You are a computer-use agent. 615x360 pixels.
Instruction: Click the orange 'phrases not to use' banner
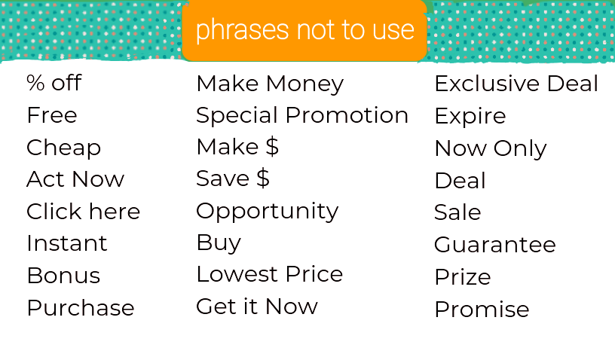[x=304, y=31]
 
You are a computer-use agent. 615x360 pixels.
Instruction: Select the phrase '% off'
[x=54, y=83]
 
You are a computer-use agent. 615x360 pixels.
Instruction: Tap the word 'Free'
[x=52, y=115]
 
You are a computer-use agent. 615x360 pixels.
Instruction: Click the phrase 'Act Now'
[x=75, y=179]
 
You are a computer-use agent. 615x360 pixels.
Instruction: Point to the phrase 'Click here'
[x=83, y=212]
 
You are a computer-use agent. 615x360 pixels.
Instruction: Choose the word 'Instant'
[x=66, y=243]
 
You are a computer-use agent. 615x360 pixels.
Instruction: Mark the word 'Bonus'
[x=63, y=276]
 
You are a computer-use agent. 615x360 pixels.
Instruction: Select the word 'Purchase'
[x=81, y=307]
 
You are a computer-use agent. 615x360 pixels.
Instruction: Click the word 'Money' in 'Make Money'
[x=304, y=84]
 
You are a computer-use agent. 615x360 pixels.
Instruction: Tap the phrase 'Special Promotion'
[x=302, y=116]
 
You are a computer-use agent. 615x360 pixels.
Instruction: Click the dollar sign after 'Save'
[x=263, y=178]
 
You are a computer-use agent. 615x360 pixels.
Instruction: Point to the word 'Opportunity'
[x=267, y=212]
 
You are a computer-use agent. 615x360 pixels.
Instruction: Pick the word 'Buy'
[x=219, y=243]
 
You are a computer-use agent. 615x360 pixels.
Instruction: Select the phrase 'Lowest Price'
[x=270, y=274]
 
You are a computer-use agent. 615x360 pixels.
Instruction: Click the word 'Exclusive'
[x=487, y=84]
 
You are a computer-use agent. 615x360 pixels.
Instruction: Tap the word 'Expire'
[x=470, y=117]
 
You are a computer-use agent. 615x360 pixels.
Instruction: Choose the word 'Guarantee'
[x=495, y=245]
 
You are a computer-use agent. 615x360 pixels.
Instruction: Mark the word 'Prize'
[x=463, y=277]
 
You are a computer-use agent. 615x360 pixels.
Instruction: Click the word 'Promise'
[x=482, y=309]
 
